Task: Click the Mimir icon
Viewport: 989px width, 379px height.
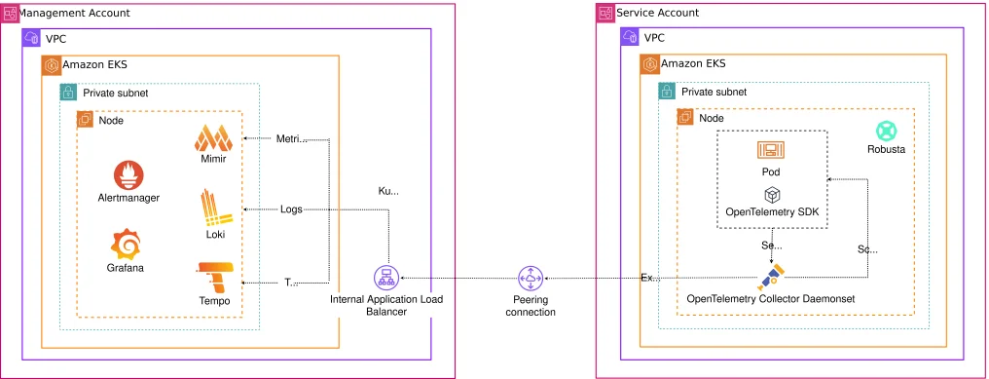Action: pyautogui.click(x=212, y=137)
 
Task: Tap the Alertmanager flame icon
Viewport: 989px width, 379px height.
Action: pyautogui.click(x=128, y=175)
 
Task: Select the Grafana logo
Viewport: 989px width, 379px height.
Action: pyautogui.click(x=126, y=244)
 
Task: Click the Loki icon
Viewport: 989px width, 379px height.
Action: pyautogui.click(x=215, y=208)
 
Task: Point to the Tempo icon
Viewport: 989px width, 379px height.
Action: pyautogui.click(x=214, y=277)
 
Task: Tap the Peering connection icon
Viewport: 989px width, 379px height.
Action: pyautogui.click(x=531, y=279)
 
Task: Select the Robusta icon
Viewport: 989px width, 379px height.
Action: pyautogui.click(x=886, y=132)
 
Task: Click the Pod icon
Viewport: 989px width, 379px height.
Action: pyautogui.click(x=771, y=151)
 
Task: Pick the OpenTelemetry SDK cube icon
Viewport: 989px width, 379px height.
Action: pyautogui.click(x=771, y=194)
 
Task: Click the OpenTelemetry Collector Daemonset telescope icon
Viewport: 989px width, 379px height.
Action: pyautogui.click(x=771, y=279)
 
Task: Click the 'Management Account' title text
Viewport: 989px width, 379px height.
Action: pyautogui.click(x=74, y=13)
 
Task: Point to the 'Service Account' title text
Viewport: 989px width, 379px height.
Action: pyautogui.click(x=657, y=13)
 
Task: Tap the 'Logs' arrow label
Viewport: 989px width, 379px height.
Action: pyautogui.click(x=291, y=208)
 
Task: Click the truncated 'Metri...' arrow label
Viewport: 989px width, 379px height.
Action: pyautogui.click(x=291, y=138)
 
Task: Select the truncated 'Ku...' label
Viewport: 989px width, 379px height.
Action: pyautogui.click(x=388, y=191)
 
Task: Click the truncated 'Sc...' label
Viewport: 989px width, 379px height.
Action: pyautogui.click(x=867, y=249)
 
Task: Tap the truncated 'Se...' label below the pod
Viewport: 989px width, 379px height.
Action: pyautogui.click(x=771, y=246)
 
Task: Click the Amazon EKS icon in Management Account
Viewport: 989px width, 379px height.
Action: pyautogui.click(x=51, y=64)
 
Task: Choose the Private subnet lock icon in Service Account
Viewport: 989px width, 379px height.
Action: pyautogui.click(x=668, y=92)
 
